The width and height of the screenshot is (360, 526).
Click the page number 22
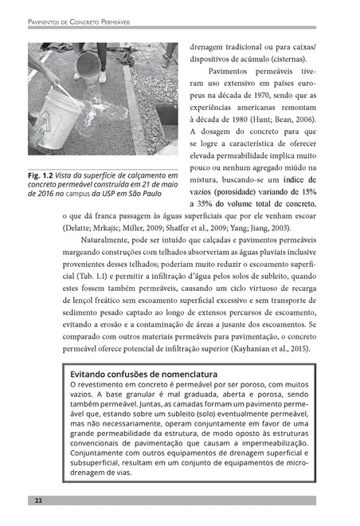[x=38, y=500]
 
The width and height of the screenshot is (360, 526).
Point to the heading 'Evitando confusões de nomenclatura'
[x=143, y=374]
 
